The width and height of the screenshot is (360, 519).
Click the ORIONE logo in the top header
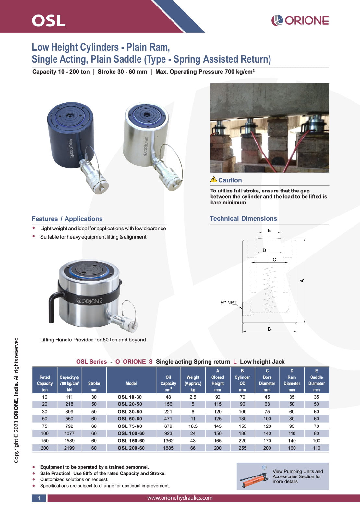[300, 20]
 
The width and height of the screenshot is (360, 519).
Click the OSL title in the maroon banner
[49, 20]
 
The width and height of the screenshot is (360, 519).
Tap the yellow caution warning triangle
[214, 179]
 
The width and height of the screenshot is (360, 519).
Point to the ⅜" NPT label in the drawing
[229, 303]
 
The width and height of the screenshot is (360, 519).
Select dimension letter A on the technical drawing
[302, 280]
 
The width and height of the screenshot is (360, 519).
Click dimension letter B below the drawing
[269, 329]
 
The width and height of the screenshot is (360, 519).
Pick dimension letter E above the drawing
[269, 230]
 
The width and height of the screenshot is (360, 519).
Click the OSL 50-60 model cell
[130, 419]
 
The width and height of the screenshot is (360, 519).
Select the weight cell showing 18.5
[193, 426]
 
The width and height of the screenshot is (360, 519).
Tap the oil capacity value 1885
[168, 448]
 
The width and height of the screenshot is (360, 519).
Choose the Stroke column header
[94, 383]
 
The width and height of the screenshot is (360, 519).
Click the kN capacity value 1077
[69, 433]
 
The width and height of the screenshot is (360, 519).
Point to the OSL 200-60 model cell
[131, 448]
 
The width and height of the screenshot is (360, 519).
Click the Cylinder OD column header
[242, 380]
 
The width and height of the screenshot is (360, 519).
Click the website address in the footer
[180, 498]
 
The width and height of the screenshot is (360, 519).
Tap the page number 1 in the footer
[39, 498]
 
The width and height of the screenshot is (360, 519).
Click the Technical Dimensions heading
[243, 218]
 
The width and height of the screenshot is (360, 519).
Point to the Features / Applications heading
[67, 219]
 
